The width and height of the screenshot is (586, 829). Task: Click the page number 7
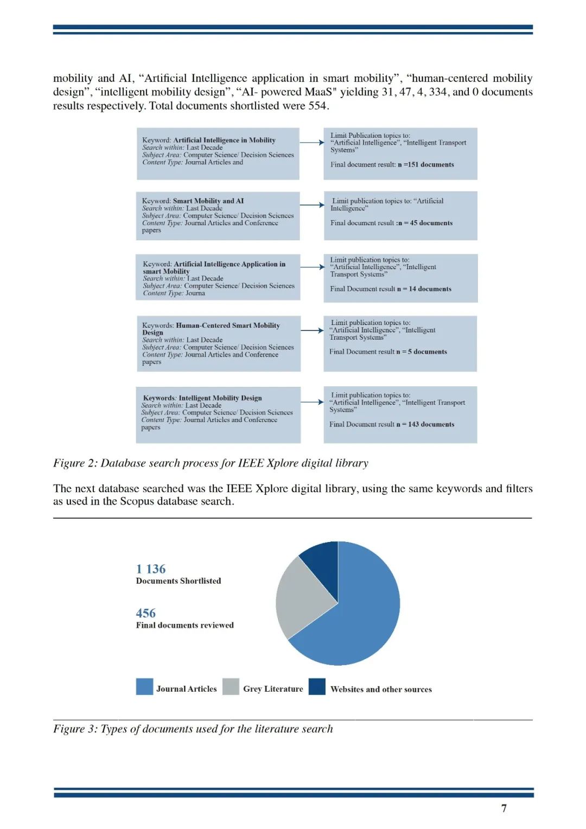504,808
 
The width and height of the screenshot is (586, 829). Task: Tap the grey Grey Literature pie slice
304,597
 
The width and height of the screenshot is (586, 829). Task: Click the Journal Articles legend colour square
144,686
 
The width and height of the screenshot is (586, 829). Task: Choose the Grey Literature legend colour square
231,686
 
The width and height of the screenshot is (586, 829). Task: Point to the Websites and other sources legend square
317,686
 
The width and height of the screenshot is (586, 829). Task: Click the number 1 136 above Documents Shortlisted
151,569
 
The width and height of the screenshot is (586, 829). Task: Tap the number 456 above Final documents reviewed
145,613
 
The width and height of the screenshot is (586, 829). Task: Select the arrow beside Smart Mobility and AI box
312,205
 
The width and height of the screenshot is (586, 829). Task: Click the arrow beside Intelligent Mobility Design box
312,402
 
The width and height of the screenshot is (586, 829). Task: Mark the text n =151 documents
426,164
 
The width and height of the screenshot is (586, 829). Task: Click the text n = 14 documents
424,289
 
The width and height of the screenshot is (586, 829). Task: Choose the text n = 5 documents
422,352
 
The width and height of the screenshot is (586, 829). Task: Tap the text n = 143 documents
426,424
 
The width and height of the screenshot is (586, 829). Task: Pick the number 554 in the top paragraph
317,106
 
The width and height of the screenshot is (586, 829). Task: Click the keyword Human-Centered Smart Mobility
228,326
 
